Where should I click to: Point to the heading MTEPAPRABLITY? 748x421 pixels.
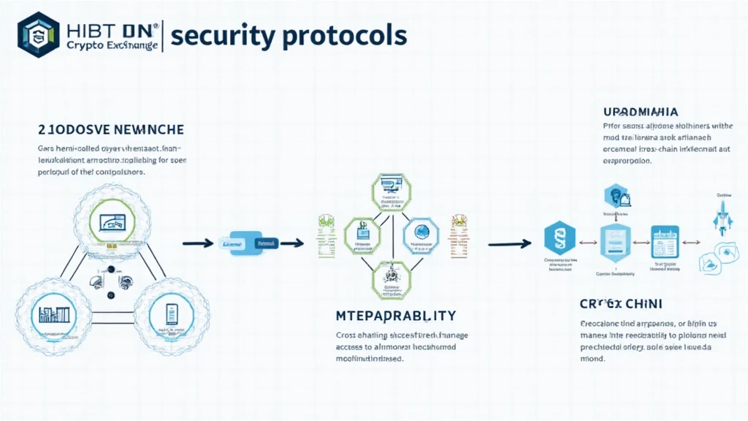(x=395, y=316)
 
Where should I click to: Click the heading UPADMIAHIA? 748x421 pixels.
(x=641, y=112)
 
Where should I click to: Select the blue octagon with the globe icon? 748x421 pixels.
(x=421, y=233)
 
